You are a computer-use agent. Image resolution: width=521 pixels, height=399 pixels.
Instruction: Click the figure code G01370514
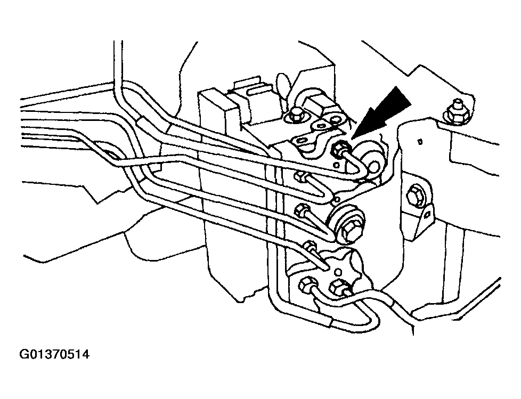coord(54,354)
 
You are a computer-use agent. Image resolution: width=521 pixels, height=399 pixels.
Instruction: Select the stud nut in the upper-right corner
coord(454,113)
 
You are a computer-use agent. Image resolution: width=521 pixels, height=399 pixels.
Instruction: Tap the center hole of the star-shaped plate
coord(337,271)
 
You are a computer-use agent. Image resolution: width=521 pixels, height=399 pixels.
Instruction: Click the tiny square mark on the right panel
coord(420,143)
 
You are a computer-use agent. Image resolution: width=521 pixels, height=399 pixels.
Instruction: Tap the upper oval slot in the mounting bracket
coord(320,126)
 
